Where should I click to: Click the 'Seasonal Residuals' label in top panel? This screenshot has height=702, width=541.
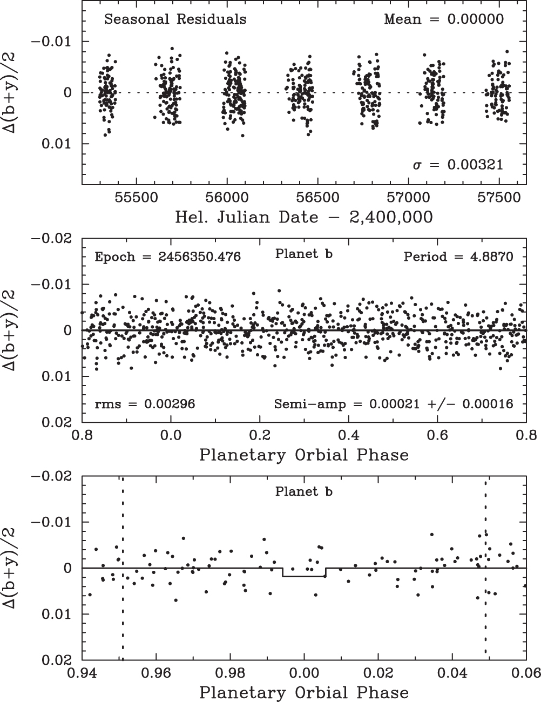(175, 19)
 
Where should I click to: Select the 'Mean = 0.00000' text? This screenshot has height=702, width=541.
(444, 19)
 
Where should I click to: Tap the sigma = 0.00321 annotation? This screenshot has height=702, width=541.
(458, 165)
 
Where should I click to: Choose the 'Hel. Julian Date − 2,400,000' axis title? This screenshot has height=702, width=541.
(304, 217)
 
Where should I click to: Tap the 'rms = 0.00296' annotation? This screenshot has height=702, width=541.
(145, 403)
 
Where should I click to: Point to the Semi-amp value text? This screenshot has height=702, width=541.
(394, 403)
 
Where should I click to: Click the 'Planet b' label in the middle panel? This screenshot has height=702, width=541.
(303, 254)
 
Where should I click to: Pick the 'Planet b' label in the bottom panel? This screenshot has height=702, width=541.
(303, 492)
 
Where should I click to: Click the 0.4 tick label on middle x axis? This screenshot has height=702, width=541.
(349, 434)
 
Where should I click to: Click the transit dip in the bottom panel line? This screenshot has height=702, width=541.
(304, 577)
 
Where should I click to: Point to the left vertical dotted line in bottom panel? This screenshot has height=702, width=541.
(123, 621)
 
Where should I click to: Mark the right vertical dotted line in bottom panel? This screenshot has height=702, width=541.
(486, 621)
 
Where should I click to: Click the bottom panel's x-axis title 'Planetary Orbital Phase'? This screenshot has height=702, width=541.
(304, 692)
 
